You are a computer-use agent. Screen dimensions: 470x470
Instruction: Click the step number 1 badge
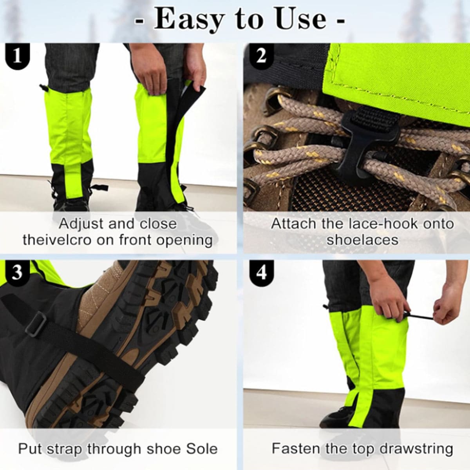click(17, 56)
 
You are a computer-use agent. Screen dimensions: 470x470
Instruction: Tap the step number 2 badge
click(261, 56)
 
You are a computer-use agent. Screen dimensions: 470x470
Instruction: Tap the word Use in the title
click(302, 20)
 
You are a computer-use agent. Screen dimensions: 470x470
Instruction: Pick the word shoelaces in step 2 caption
click(362, 240)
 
